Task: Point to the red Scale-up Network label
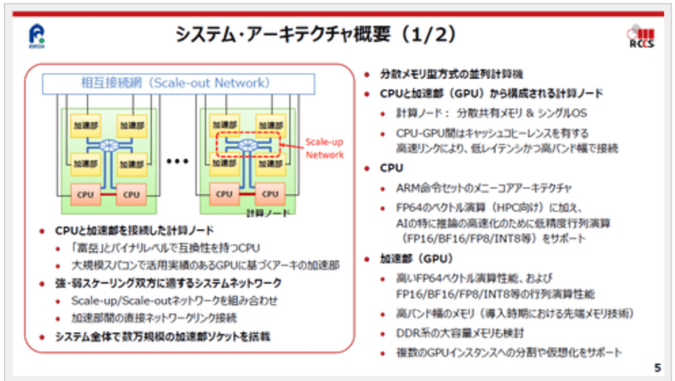pos(324,148)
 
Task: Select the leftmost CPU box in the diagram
pos(86,194)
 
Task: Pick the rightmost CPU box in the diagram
pos(270,194)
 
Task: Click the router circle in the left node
pos(109,144)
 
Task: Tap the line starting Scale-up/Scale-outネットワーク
pos(174,301)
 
